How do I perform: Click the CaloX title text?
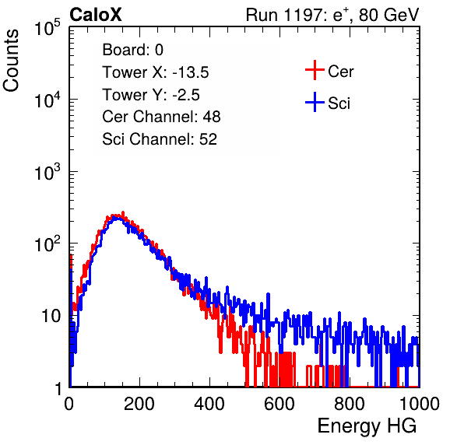click(x=95, y=15)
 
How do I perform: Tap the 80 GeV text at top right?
click(x=388, y=16)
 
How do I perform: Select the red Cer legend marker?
click(x=315, y=70)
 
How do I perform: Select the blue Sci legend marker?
click(x=315, y=103)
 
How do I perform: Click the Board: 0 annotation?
click(x=132, y=50)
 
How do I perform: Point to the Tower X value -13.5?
click(x=191, y=72)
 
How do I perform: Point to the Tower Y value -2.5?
click(x=186, y=95)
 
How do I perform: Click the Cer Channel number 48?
click(x=212, y=117)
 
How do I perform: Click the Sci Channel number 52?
click(x=208, y=139)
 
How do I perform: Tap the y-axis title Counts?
click(x=11, y=61)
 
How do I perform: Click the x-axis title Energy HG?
click(x=367, y=426)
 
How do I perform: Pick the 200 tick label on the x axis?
click(x=139, y=404)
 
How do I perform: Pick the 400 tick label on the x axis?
click(x=209, y=404)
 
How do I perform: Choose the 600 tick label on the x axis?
click(x=279, y=404)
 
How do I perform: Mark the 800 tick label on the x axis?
click(x=350, y=404)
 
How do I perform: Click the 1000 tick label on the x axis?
click(x=420, y=404)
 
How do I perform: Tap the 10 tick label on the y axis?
click(x=51, y=316)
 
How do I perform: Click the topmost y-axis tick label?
click(x=47, y=27)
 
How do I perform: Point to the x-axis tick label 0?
click(x=69, y=404)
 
